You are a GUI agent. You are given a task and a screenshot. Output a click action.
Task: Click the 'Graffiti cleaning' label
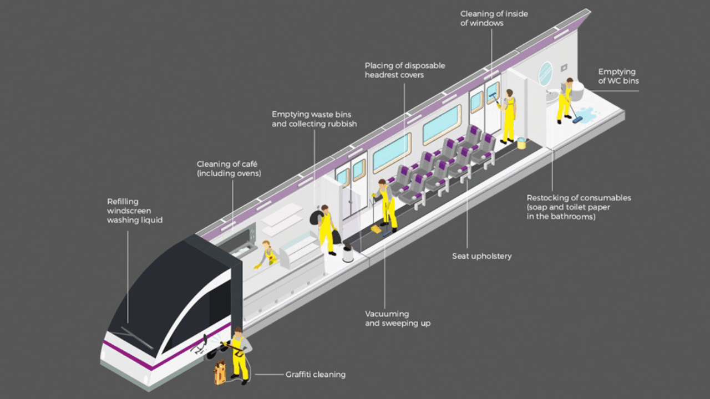315,375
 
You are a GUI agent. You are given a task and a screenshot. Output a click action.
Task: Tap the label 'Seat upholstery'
481,256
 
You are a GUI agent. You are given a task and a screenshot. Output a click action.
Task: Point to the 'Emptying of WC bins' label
618,76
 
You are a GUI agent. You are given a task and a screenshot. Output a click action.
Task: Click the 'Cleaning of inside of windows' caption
494,18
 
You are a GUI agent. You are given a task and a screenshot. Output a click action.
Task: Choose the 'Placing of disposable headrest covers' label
404,70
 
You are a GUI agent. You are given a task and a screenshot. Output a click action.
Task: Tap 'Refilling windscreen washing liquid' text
135,211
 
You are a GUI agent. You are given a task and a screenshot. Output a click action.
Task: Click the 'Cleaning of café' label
229,169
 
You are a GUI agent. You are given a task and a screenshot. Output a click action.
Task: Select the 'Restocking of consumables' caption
579,207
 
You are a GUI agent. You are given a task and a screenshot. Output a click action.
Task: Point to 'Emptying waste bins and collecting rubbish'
314,119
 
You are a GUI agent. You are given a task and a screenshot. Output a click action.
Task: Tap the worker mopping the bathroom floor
566,100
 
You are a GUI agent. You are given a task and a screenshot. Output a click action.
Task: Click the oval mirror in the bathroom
546,74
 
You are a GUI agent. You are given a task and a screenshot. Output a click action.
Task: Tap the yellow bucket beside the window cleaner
521,144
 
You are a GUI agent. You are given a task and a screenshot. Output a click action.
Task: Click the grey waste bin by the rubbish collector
348,253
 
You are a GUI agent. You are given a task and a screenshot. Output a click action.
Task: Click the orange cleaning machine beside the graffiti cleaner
220,372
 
